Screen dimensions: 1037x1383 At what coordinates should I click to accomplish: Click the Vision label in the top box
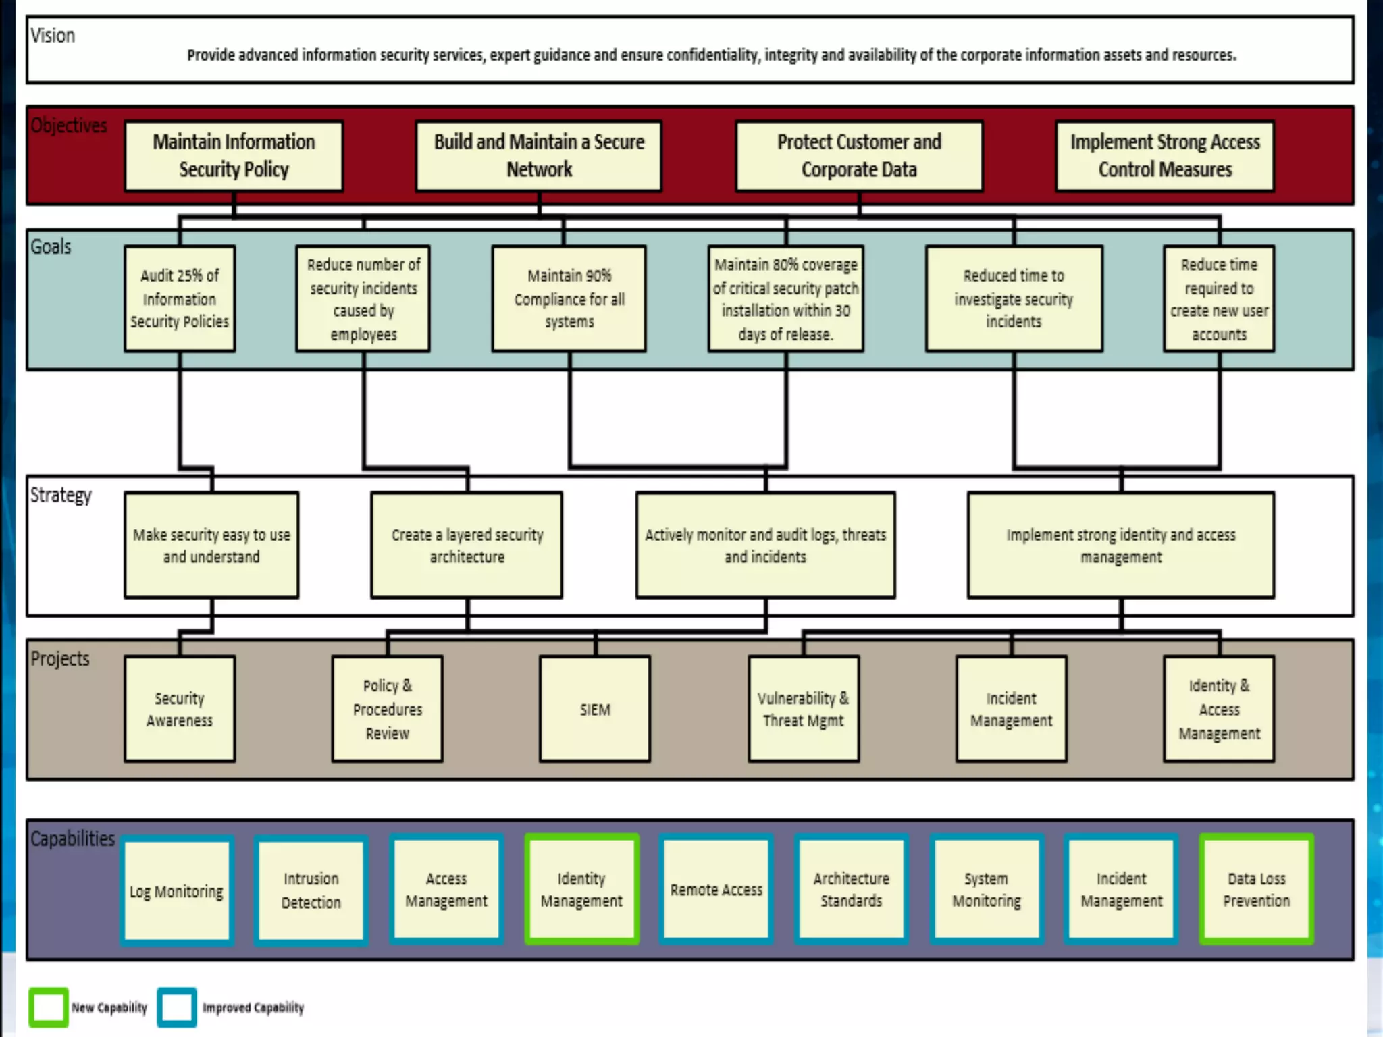53,36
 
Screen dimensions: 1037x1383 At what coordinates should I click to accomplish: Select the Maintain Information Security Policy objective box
234,156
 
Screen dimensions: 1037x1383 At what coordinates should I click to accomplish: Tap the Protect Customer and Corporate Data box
858,156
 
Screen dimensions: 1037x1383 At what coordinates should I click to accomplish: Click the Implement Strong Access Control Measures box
1165,156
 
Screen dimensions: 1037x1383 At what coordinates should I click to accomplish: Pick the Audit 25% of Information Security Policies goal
180,298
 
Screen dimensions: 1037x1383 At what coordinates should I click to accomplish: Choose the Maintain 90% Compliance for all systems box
569,298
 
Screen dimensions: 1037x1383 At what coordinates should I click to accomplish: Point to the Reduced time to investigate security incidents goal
1014,298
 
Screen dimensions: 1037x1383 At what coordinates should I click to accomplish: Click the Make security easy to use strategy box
211,545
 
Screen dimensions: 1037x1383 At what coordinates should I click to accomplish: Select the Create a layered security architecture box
467,545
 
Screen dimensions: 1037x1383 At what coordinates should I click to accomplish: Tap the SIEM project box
595,709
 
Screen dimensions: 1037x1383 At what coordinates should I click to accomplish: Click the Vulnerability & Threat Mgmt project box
804,709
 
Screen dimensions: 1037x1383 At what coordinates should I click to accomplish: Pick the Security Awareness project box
180,709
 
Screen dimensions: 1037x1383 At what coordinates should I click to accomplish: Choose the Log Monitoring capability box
177,890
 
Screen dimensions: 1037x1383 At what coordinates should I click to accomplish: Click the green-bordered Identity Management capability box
581,889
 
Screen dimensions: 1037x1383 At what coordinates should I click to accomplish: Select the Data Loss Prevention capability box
1256,889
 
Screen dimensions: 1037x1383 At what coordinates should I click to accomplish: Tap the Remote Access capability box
716,889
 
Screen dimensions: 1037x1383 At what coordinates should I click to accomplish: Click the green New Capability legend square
49,1007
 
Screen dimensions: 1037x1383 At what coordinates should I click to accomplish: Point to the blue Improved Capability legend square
177,1007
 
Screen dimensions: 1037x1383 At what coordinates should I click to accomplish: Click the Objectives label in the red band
69,126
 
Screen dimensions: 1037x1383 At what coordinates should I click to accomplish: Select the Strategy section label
61,496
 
